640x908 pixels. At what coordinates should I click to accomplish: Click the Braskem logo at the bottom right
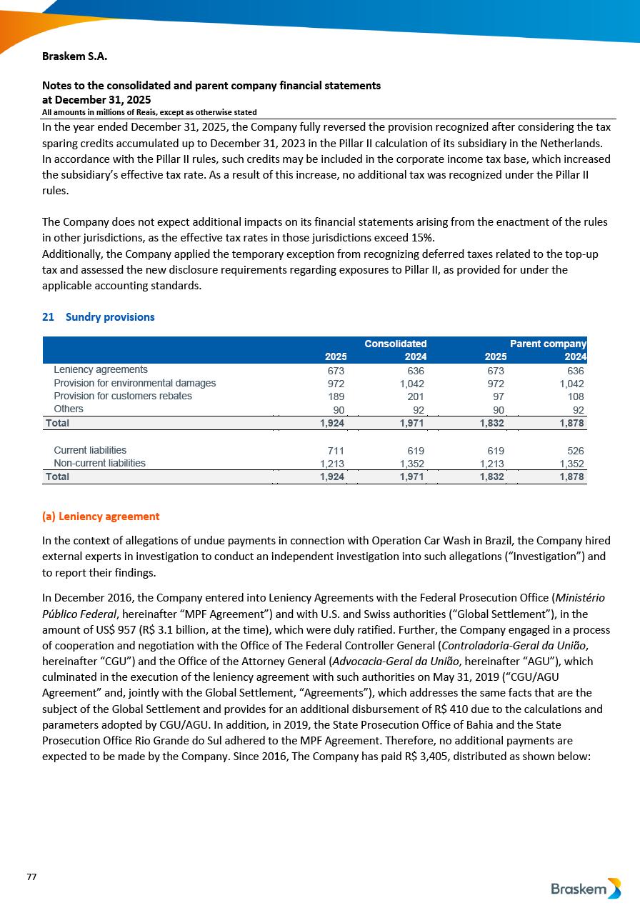pos(586,889)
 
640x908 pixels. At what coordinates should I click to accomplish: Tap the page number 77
pos(31,877)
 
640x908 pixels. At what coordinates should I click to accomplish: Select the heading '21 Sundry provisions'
pos(99,316)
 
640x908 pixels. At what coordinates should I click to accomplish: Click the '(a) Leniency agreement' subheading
pos(101,516)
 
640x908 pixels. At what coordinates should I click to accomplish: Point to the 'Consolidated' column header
pos(395,344)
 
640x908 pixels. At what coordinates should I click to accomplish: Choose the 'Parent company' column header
pos(548,344)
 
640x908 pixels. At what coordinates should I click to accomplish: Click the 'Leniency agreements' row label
pos(101,370)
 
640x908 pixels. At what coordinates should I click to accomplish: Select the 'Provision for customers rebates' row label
pos(123,396)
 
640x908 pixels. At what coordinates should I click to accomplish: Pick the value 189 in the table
pos(336,396)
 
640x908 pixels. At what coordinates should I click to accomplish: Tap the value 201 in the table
pos(415,396)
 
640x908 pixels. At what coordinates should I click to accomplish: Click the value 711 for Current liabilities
pos(336,451)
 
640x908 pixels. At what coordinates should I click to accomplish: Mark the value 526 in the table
pos(575,451)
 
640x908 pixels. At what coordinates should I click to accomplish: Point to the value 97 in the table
pos(498,396)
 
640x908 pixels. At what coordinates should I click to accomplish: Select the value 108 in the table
pos(575,396)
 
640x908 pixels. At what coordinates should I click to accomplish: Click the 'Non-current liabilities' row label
pos(99,463)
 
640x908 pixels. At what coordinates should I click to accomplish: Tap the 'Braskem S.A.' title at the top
pos(75,56)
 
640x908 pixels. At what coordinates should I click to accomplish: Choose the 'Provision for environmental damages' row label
pos(135,383)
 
